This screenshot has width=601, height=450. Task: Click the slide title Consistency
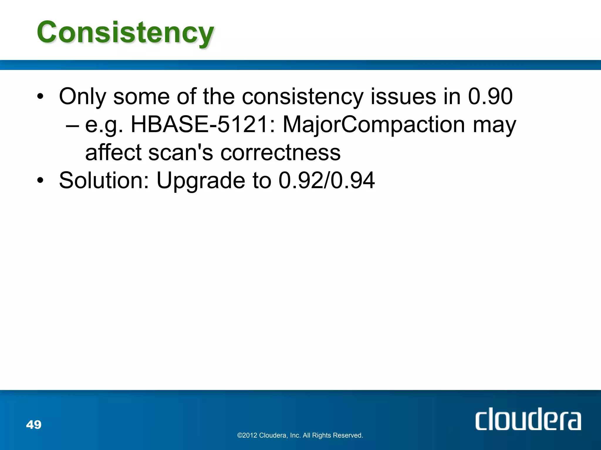point(125,33)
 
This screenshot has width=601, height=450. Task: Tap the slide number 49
point(34,425)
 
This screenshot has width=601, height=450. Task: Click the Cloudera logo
point(528,419)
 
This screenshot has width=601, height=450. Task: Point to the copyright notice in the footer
point(300,435)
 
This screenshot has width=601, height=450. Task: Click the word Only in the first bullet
point(82,97)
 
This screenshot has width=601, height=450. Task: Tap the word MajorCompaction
point(374,125)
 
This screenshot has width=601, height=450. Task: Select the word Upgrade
point(201,181)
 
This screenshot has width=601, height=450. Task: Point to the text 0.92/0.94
point(326,180)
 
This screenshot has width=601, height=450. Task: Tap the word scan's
point(180,153)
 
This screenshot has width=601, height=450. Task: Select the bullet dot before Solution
point(40,180)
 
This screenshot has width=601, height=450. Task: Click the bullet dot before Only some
point(40,96)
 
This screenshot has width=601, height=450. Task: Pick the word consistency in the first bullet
point(303,97)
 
